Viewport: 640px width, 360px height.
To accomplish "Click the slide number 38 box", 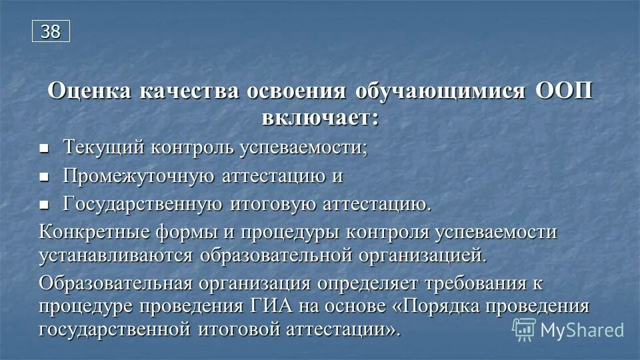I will [51, 31].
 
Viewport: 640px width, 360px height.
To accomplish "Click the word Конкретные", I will [88, 233].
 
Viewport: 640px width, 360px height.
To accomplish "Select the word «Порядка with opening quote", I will [432, 306].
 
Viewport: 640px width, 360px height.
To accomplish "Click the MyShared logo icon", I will [524, 329].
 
